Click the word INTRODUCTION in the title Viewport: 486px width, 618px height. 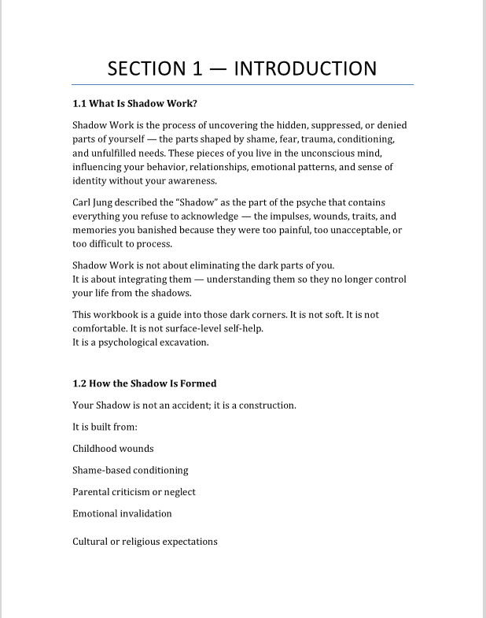[x=305, y=68]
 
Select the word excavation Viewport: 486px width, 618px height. [x=184, y=342]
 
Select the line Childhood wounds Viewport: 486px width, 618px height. [x=113, y=449]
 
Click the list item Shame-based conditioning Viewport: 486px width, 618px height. [x=131, y=470]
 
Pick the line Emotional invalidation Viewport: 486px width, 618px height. [x=122, y=513]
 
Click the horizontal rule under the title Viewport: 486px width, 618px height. [x=242, y=84]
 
